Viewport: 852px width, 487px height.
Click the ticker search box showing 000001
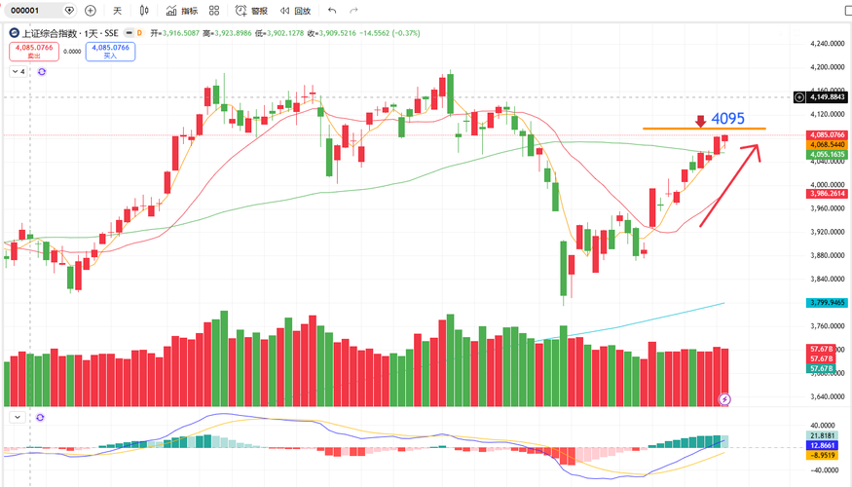(x=40, y=11)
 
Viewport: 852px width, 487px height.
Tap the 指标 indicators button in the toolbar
(x=182, y=11)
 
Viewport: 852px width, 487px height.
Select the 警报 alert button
(x=253, y=11)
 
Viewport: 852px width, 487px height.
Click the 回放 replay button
(x=296, y=11)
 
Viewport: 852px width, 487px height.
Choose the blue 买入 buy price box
(x=110, y=51)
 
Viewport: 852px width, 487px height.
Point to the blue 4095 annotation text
(x=727, y=119)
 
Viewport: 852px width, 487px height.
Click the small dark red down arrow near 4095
(x=699, y=122)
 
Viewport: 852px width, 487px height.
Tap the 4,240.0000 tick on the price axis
(x=826, y=44)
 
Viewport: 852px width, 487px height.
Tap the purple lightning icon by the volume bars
(x=724, y=399)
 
